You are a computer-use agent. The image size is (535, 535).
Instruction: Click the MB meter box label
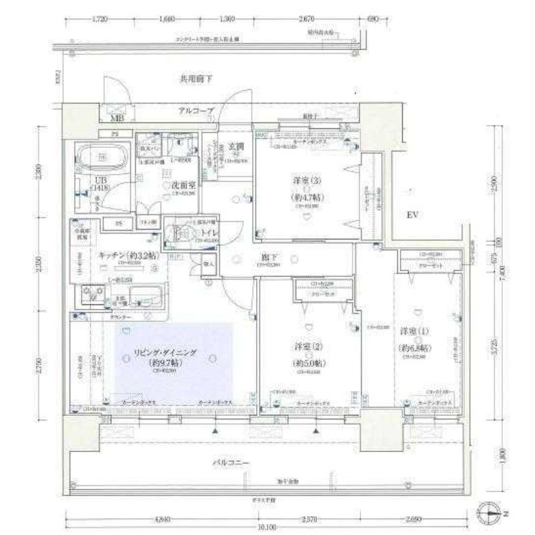[x=117, y=120]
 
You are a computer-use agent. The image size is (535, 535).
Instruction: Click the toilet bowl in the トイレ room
[x=180, y=233]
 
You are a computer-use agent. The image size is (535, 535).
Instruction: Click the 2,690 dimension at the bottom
[x=415, y=518]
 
